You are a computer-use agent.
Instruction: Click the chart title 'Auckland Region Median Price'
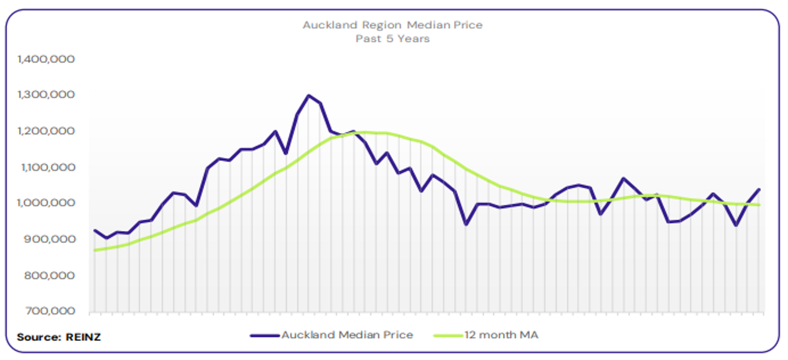pyautogui.click(x=392, y=25)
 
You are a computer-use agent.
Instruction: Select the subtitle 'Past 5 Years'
pyautogui.click(x=392, y=39)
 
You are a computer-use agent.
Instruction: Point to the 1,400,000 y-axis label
pyautogui.click(x=46, y=59)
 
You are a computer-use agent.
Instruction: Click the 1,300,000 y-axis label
pyautogui.click(x=46, y=95)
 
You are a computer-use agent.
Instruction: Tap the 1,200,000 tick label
pyautogui.click(x=46, y=131)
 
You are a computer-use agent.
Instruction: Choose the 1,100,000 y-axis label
pyautogui.click(x=46, y=167)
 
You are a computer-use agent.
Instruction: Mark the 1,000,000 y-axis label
pyautogui.click(x=46, y=203)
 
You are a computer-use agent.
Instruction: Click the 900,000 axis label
pyautogui.click(x=50, y=239)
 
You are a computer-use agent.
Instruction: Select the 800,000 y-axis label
pyautogui.click(x=50, y=276)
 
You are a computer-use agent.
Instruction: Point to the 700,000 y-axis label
pyautogui.click(x=50, y=311)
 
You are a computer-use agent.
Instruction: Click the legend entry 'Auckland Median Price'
pyautogui.click(x=347, y=335)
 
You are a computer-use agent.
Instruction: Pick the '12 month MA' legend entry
pyautogui.click(x=501, y=335)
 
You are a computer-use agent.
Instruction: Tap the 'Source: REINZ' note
pyautogui.click(x=59, y=337)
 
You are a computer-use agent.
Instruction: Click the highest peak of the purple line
pyautogui.click(x=309, y=95)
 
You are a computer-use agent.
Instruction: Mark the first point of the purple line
pyautogui.click(x=95, y=230)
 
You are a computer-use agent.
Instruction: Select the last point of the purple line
pyautogui.click(x=760, y=190)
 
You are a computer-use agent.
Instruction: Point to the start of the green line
pyautogui.click(x=95, y=250)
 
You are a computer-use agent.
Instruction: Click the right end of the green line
pyautogui.click(x=760, y=205)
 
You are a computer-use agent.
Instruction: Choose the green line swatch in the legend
pyautogui.click(x=448, y=335)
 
